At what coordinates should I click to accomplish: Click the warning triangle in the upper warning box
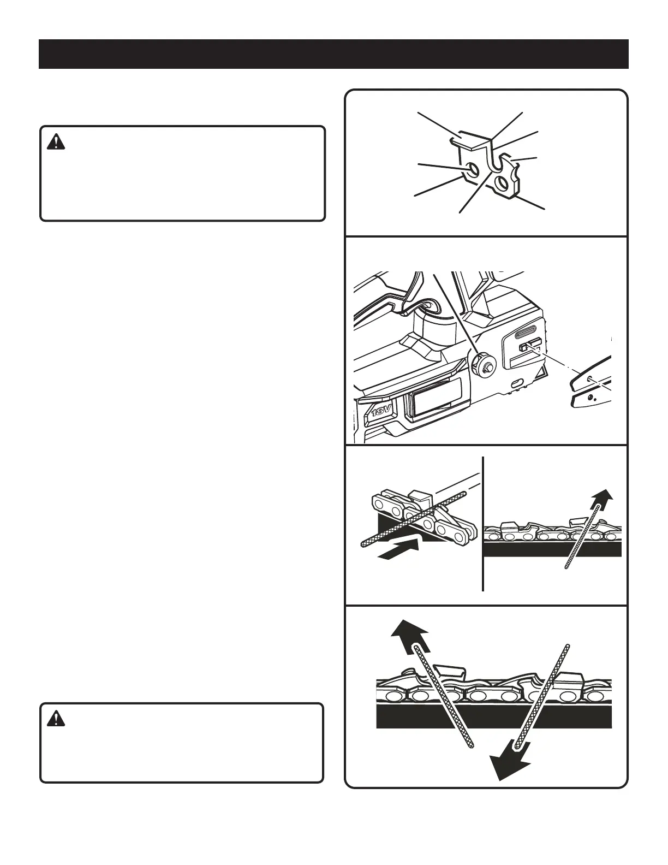click(56, 142)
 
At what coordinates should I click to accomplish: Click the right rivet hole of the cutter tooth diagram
click(501, 181)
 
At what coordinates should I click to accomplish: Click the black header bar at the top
click(333, 54)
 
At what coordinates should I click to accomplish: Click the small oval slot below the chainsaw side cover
click(517, 382)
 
